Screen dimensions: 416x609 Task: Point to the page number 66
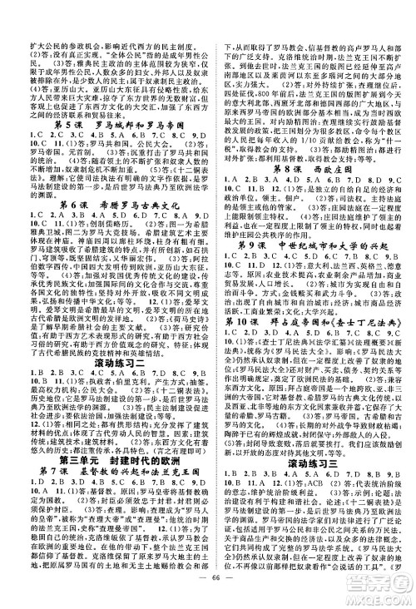tap(207, 593)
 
